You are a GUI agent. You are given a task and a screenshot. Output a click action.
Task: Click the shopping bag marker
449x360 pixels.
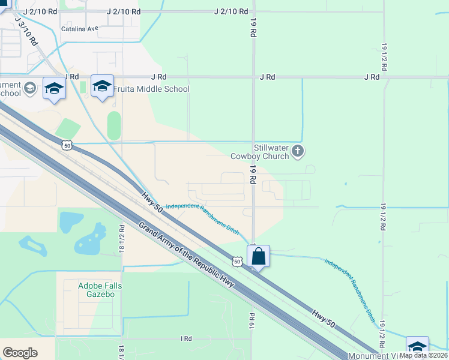(258, 256)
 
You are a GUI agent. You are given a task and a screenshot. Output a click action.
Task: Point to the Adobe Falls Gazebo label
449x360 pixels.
(100, 290)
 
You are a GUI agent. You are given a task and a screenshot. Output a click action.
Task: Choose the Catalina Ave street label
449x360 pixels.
(79, 28)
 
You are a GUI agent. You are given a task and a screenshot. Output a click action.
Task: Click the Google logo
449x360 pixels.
(20, 353)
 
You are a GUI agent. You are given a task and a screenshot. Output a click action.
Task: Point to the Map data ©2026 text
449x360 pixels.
(423, 355)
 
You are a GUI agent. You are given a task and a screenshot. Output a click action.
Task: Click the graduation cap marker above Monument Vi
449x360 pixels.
(417, 347)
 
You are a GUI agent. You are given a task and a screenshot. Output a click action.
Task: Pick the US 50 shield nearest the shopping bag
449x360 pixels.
(238, 262)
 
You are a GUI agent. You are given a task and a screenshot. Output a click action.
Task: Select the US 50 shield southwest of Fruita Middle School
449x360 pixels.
(67, 145)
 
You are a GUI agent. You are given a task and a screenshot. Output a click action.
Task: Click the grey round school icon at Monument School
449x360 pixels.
(29, 89)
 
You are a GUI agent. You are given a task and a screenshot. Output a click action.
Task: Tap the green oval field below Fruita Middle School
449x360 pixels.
(114, 125)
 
